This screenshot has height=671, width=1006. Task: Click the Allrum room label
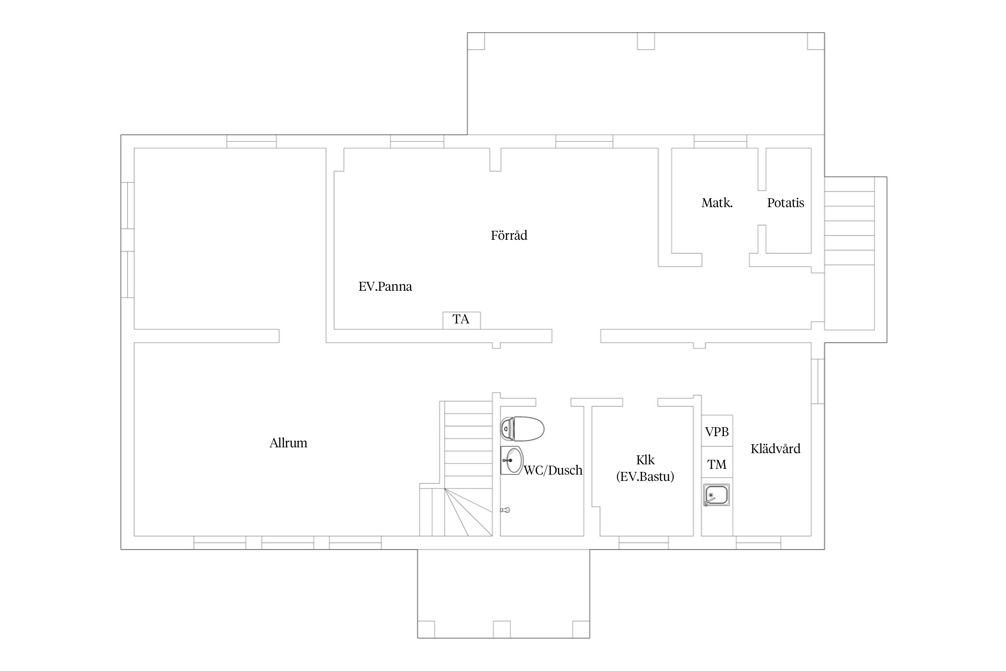click(288, 443)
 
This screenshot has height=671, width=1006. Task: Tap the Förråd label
click(509, 235)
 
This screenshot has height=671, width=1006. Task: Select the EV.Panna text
click(385, 286)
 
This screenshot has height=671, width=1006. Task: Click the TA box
click(461, 320)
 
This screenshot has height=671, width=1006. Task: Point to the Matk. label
click(717, 203)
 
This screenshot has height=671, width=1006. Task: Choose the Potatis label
click(786, 203)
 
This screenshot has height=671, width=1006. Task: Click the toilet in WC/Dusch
click(522, 429)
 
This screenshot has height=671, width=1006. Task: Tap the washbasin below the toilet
click(511, 460)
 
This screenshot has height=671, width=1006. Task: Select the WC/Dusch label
click(553, 470)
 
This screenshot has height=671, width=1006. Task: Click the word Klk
click(645, 460)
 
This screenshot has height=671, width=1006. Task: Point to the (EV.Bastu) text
click(645, 477)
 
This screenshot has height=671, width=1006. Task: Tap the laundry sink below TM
click(716, 495)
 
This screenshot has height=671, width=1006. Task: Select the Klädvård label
click(775, 449)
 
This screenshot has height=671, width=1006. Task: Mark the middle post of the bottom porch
click(502, 629)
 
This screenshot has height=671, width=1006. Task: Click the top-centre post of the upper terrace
click(646, 41)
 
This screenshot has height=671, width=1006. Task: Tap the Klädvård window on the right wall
click(818, 381)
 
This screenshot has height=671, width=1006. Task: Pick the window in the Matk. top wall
click(720, 141)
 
